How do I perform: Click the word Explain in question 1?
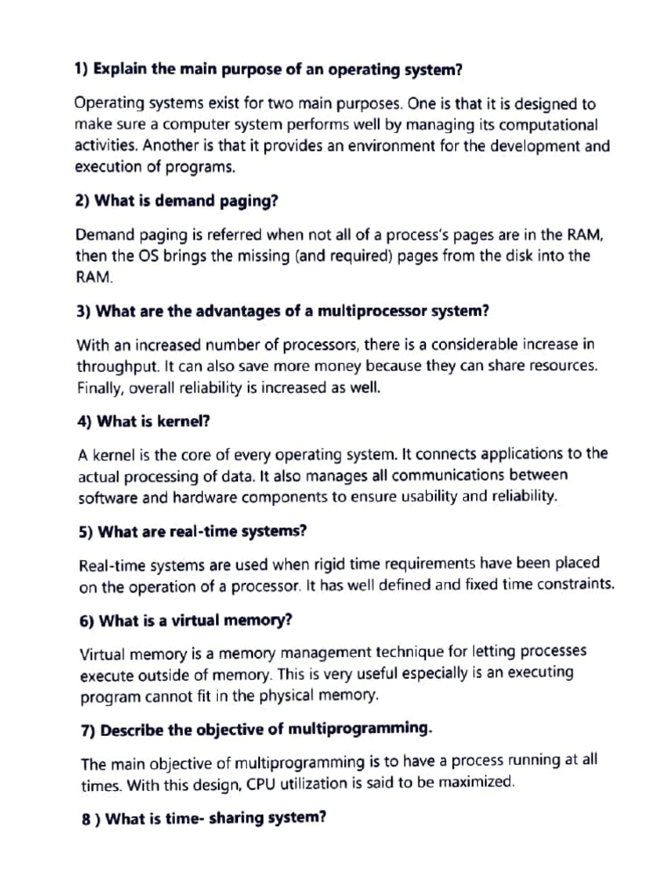point(122,67)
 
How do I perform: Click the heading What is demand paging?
point(177,200)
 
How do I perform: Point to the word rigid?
point(283,563)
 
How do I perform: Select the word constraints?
point(570,584)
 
